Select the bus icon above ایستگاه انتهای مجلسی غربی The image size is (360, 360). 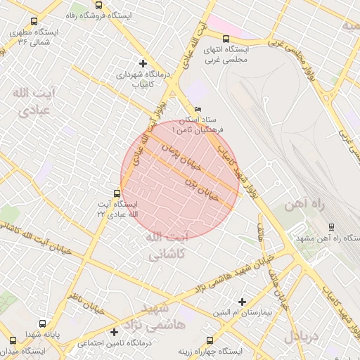pos(226,39)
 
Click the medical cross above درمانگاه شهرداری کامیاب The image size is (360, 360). pos(143,63)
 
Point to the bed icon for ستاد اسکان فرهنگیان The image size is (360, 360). pos(198,109)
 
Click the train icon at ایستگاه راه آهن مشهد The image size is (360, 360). pos(331,227)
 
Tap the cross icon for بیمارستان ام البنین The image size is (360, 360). pos(242,301)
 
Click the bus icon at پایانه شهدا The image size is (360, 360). pos(43,324)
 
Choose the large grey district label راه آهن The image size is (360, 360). pos(302,205)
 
